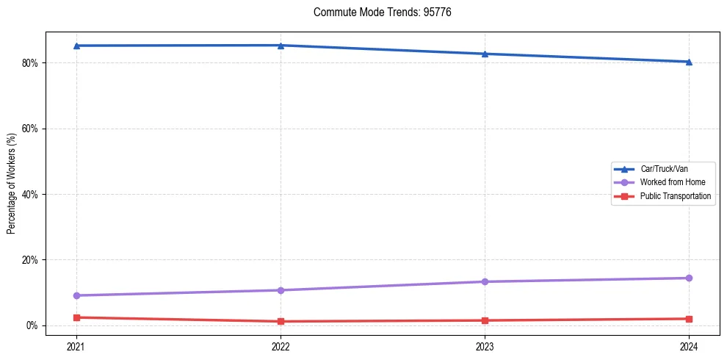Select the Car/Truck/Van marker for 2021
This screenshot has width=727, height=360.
pyautogui.click(x=76, y=46)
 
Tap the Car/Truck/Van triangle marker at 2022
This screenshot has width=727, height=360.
pyautogui.click(x=281, y=45)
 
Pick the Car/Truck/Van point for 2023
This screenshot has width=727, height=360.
pyautogui.click(x=485, y=54)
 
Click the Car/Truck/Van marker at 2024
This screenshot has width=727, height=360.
pyautogui.click(x=689, y=62)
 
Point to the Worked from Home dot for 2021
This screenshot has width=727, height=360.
pyautogui.click(x=76, y=295)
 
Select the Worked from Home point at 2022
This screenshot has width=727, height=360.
pyautogui.click(x=281, y=290)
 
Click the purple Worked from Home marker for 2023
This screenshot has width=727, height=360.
pyautogui.click(x=485, y=281)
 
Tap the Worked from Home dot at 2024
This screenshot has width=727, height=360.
pyautogui.click(x=689, y=278)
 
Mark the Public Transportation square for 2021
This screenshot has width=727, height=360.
pyautogui.click(x=76, y=317)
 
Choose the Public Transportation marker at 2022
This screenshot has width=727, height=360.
pyautogui.click(x=281, y=321)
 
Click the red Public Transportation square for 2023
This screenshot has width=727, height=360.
pyautogui.click(x=485, y=320)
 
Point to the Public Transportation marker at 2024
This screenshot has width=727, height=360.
pyautogui.click(x=689, y=319)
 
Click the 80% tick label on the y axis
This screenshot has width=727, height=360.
pyautogui.click(x=29, y=63)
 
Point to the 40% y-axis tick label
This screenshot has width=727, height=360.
pyautogui.click(x=29, y=195)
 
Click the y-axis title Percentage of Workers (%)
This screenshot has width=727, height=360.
pyautogui.click(x=12, y=184)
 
